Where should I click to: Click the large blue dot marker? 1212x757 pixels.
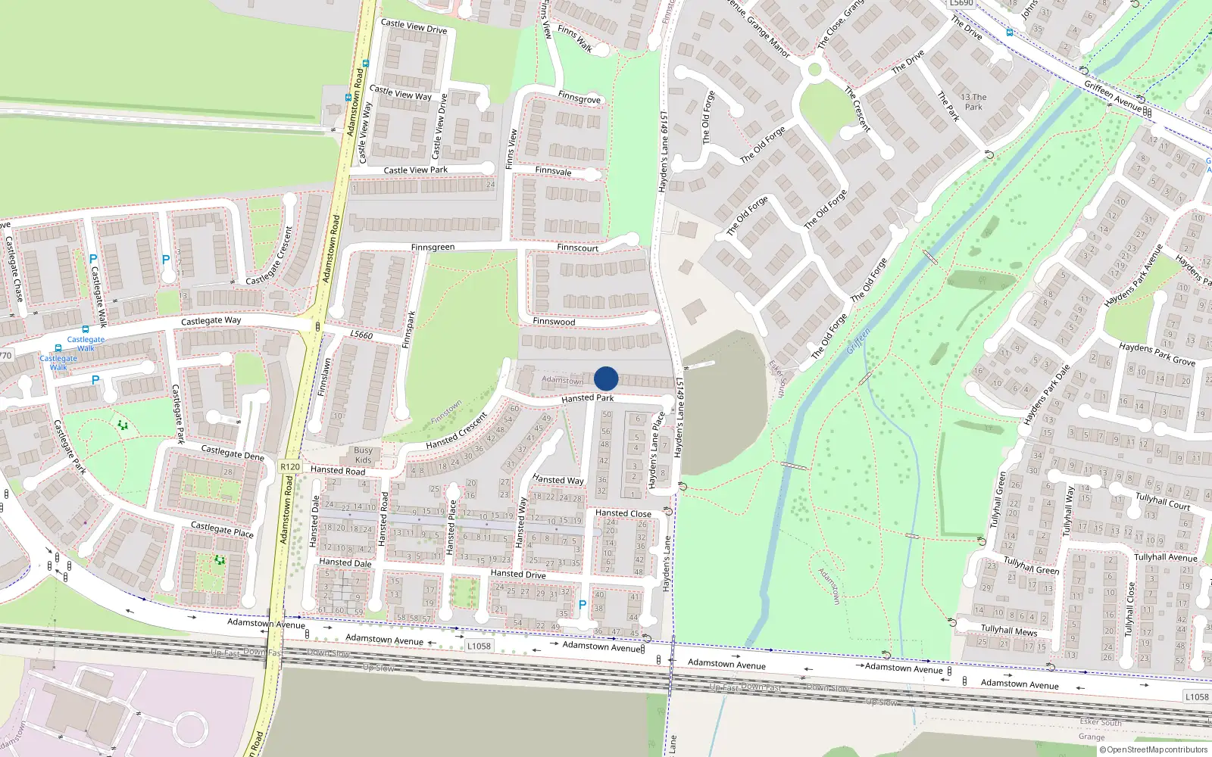(606, 378)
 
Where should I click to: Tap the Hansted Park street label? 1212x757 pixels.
(588, 398)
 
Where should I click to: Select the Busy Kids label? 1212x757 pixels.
(364, 455)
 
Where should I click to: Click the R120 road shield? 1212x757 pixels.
(290, 467)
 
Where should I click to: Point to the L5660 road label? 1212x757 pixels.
(361, 335)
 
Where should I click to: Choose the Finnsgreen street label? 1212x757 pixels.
(433, 248)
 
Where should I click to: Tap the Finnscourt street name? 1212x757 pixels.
(577, 248)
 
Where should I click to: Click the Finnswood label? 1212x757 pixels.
(554, 322)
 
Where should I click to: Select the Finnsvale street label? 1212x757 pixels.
(553, 171)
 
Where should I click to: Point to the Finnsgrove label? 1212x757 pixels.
(579, 98)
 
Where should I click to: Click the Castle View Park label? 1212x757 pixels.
(415, 170)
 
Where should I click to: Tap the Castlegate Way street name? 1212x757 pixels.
(211, 321)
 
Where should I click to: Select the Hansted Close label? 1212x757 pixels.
(623, 513)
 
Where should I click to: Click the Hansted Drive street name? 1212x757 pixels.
(518, 574)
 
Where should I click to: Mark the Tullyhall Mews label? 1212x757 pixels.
(1009, 630)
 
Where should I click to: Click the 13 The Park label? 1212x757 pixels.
(973, 102)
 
